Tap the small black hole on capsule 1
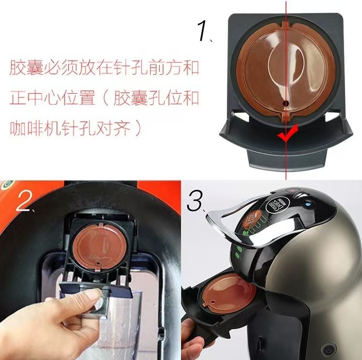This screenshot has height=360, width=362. click(x=285, y=103)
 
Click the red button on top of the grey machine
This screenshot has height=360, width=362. click(x=292, y=189)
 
